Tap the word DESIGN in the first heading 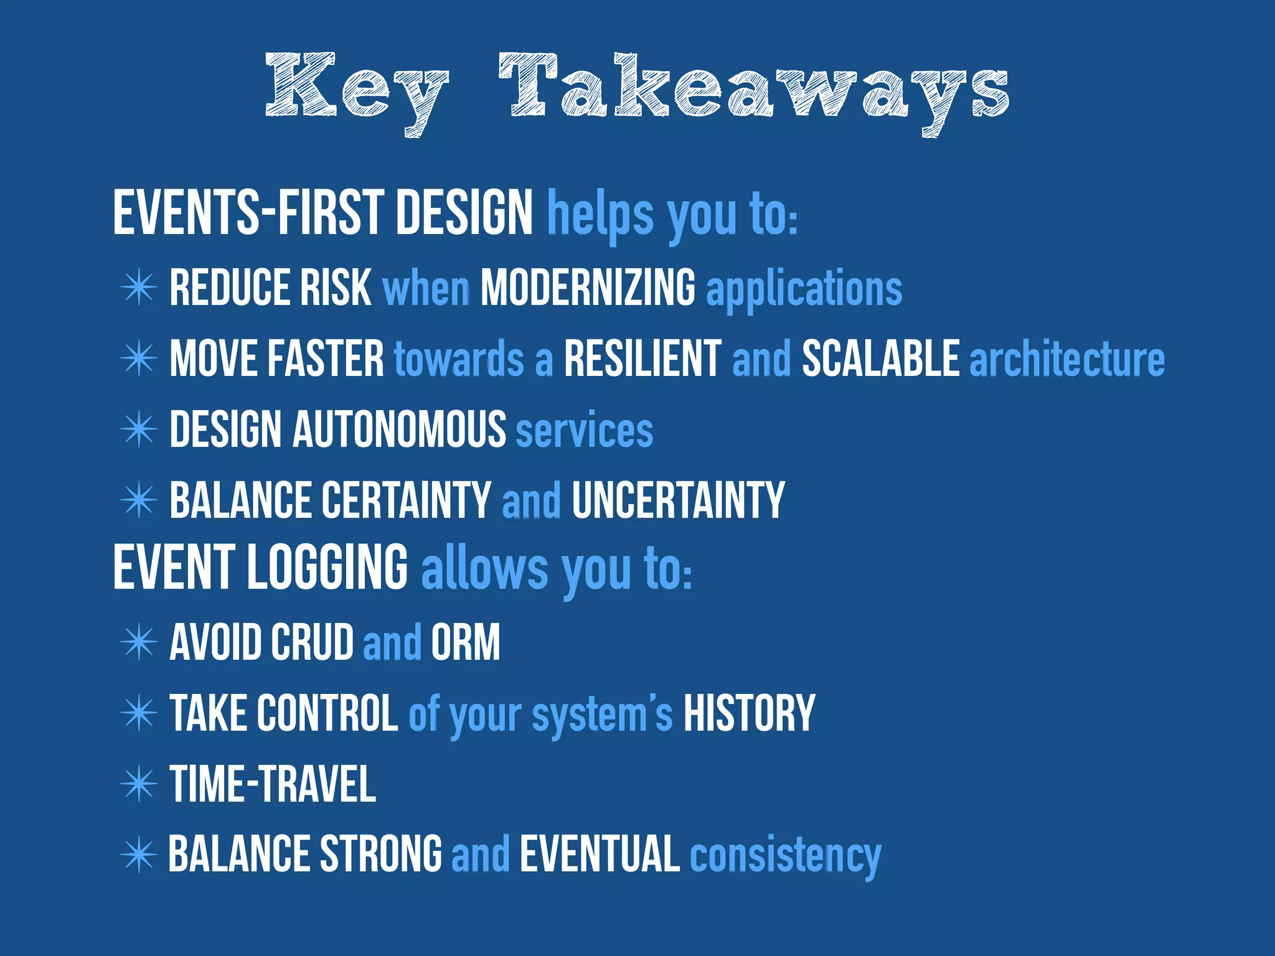point(464,213)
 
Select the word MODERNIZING point(588,288)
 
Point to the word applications point(804,289)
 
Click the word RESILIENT point(642,358)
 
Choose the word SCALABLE point(880,358)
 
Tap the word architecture point(1067,360)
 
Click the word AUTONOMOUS point(400,429)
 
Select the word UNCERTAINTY point(678,500)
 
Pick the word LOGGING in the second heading point(327,567)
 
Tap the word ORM point(465,642)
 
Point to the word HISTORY point(749,713)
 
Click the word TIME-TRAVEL point(273,784)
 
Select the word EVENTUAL point(600,855)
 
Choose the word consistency point(786,856)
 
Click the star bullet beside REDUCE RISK point(138,288)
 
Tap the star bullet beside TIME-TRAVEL point(138,784)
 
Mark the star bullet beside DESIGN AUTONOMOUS point(138,429)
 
